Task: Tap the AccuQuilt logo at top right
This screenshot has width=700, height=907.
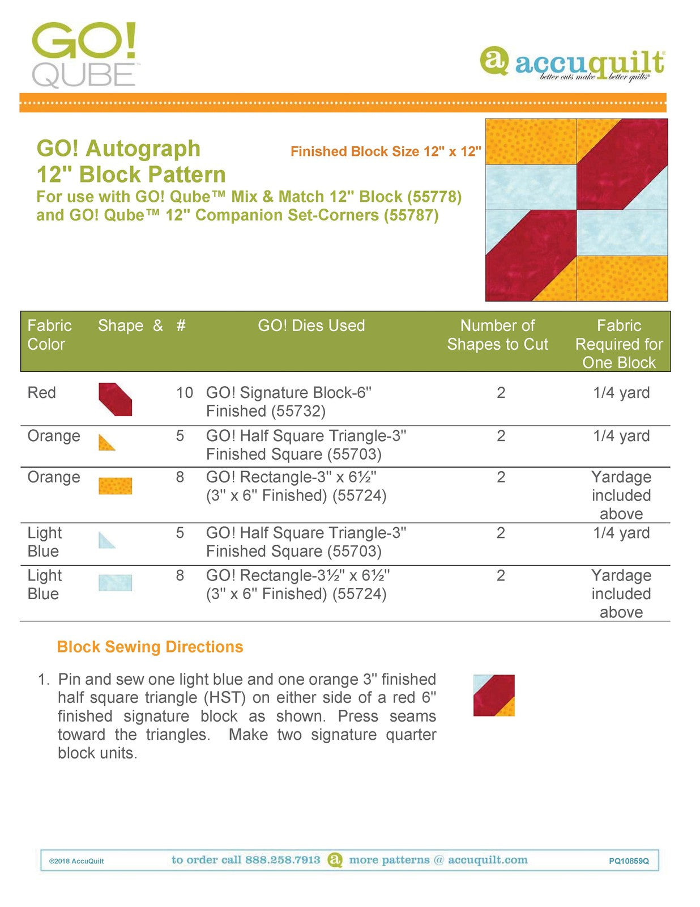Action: [572, 64]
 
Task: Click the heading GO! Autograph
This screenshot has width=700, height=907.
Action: [118, 149]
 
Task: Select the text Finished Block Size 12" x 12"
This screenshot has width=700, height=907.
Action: [386, 151]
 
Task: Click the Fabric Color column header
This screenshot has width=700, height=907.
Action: [49, 334]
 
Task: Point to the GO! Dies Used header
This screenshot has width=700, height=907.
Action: [311, 325]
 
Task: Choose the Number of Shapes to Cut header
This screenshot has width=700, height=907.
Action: [497, 334]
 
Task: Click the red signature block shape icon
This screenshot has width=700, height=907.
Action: [116, 400]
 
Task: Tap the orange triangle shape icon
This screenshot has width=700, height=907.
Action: [106, 443]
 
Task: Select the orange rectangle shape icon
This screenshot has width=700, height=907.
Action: [116, 486]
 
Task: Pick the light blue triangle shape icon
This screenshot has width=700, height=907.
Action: [106, 540]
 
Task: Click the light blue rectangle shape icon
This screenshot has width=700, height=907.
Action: [116, 583]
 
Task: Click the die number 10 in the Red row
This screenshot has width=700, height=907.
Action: [184, 392]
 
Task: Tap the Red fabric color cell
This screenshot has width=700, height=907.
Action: [41, 392]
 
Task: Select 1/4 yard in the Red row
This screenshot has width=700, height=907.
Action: [621, 392]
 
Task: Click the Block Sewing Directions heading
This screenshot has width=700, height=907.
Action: [150, 647]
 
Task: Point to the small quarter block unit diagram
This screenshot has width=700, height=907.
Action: [494, 695]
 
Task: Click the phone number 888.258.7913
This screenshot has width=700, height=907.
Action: [283, 860]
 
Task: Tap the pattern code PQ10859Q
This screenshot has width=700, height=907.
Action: [629, 861]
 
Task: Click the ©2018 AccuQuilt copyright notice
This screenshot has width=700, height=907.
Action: [76, 861]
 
